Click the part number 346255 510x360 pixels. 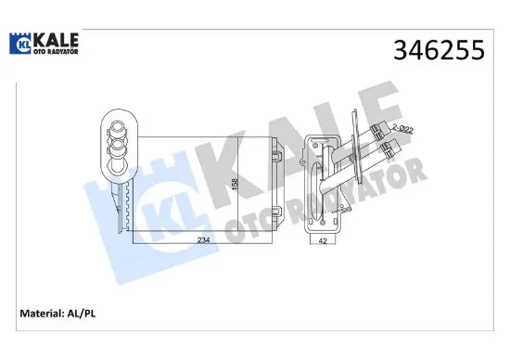pyautogui.click(x=439, y=50)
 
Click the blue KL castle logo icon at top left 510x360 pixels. pyautogui.click(x=20, y=44)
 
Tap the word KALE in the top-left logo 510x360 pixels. pyautogui.click(x=56, y=40)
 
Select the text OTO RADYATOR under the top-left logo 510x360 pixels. pyautogui.click(x=56, y=51)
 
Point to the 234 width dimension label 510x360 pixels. pyautogui.click(x=203, y=240)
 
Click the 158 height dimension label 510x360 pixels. pyautogui.click(x=235, y=184)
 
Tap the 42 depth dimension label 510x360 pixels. pyautogui.click(x=323, y=241)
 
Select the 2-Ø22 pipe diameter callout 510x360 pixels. pyautogui.click(x=402, y=129)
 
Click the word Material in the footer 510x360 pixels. pyautogui.click(x=42, y=314)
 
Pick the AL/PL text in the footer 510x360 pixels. pyautogui.click(x=81, y=314)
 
